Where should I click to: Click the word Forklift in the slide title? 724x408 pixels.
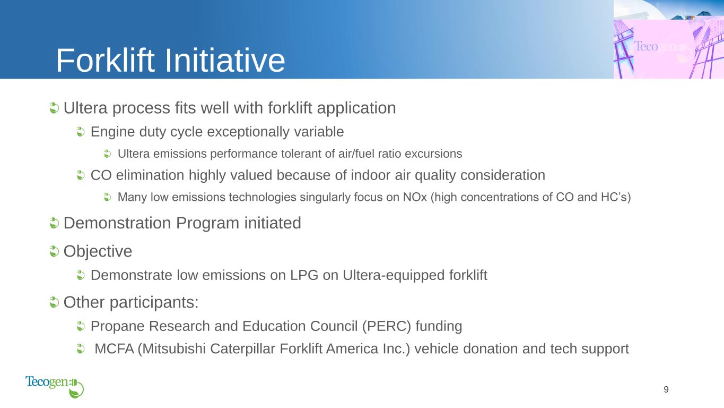coord(106,60)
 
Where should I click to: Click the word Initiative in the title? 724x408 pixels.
coord(225,60)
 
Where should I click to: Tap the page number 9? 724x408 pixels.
coord(666,389)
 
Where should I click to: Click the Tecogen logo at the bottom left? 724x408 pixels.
coord(55,386)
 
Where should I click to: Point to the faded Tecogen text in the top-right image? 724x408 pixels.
coord(659,47)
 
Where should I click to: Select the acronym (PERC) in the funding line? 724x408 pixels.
coord(387,326)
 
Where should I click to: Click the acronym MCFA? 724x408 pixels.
coord(114,348)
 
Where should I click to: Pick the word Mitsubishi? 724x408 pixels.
coord(173,348)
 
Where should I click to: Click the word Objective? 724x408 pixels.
coord(98,251)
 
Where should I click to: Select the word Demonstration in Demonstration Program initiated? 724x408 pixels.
coord(117,223)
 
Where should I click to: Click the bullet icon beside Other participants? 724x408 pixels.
coord(54,302)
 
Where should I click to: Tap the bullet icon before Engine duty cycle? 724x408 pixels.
coord(81,131)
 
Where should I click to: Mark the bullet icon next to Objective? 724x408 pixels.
coord(54,251)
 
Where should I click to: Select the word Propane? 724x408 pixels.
coord(118,326)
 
